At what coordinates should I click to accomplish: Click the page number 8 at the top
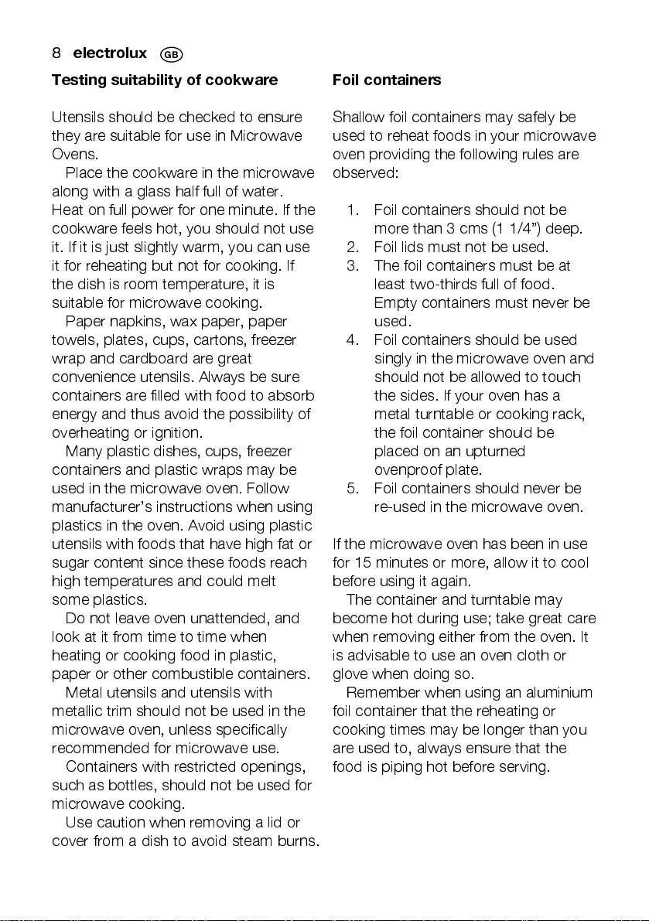coord(56,53)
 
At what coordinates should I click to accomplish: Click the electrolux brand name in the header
coord(110,53)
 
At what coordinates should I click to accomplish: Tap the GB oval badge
coord(171,54)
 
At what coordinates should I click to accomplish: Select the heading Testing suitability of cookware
coord(164,80)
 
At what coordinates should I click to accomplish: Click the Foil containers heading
coord(387,80)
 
